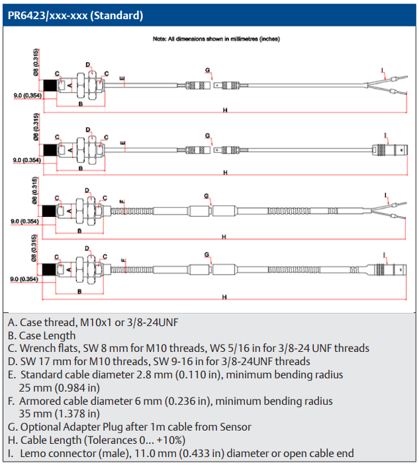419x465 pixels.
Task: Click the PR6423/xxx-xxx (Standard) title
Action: [x=75, y=15]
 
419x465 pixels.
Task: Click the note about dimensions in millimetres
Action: [x=216, y=39]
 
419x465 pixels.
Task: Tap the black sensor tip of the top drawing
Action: [x=50, y=85]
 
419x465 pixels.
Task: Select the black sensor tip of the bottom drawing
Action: [x=49, y=270]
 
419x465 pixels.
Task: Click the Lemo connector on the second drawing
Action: [x=390, y=149]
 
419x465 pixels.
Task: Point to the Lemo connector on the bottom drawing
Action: [x=387, y=270]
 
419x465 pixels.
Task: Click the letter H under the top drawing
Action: [x=225, y=110]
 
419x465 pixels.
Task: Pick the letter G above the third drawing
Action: [x=207, y=196]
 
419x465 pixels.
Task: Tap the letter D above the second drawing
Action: [x=88, y=130]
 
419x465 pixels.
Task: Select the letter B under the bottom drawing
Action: [x=79, y=292]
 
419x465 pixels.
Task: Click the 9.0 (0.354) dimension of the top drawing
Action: [x=28, y=95]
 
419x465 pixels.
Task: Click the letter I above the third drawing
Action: [x=386, y=195]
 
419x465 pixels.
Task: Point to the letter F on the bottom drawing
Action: [x=123, y=261]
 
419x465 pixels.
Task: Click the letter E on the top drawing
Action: [x=122, y=78]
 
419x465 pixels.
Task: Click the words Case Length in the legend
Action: [x=47, y=336]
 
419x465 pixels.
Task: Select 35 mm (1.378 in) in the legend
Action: [x=60, y=413]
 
